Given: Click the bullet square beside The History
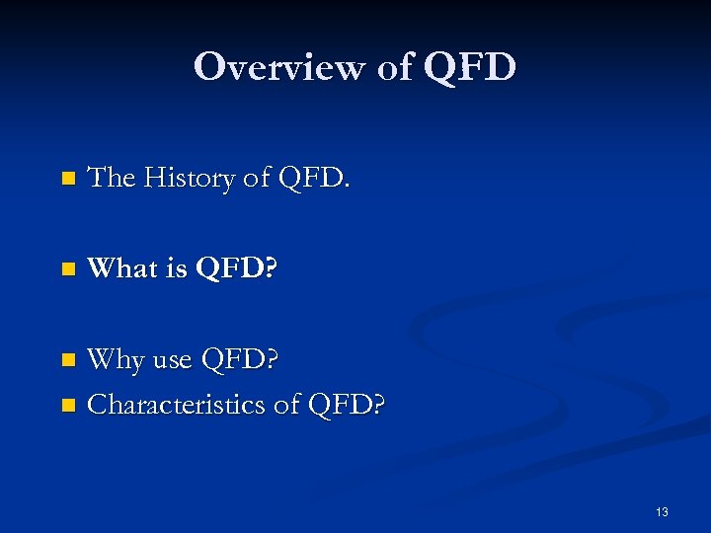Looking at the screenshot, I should [67, 180].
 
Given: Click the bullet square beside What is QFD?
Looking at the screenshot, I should [67, 269].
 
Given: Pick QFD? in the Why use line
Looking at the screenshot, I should [239, 360].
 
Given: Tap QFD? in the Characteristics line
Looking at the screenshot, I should [347, 404].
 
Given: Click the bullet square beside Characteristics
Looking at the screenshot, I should [67, 405].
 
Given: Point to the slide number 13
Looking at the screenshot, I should [662, 511].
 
